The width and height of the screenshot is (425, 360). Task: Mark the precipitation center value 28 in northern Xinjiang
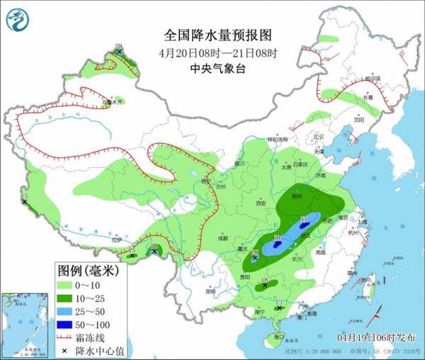click(x=119, y=47)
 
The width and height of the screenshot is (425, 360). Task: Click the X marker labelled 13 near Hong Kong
click(x=280, y=306)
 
